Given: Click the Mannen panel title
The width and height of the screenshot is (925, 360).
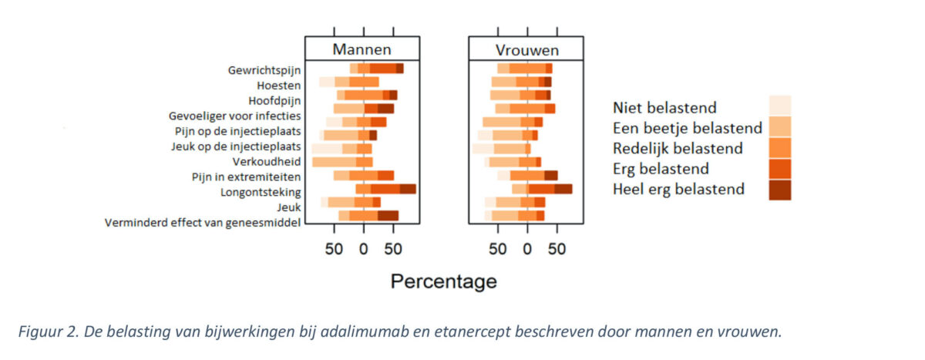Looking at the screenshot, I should point(362,49).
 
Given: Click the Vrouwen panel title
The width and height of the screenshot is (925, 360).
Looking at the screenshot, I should point(526,50).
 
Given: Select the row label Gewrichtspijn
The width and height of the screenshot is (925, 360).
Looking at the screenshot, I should point(264,69).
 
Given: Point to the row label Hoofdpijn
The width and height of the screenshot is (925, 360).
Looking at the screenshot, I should point(274,100).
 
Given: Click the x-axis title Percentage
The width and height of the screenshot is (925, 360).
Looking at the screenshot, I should point(443,281).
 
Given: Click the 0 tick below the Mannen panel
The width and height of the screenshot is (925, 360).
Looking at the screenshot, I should point(363,250).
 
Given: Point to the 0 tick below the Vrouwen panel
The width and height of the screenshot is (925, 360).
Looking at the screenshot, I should point(527,250).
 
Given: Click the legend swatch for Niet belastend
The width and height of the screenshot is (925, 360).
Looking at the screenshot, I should point(779,106).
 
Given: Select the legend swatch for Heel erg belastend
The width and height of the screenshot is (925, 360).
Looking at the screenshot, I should point(779,189).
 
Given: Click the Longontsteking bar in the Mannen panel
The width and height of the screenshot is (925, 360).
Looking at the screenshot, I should point(385,189).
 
